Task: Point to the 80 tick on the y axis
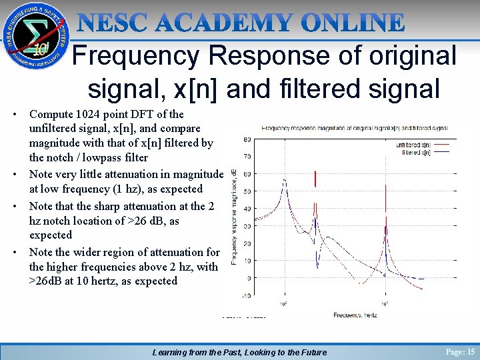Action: (x=247, y=139)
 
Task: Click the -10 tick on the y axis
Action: (x=247, y=295)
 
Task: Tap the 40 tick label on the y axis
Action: (x=247, y=209)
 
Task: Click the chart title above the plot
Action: (x=354, y=127)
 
